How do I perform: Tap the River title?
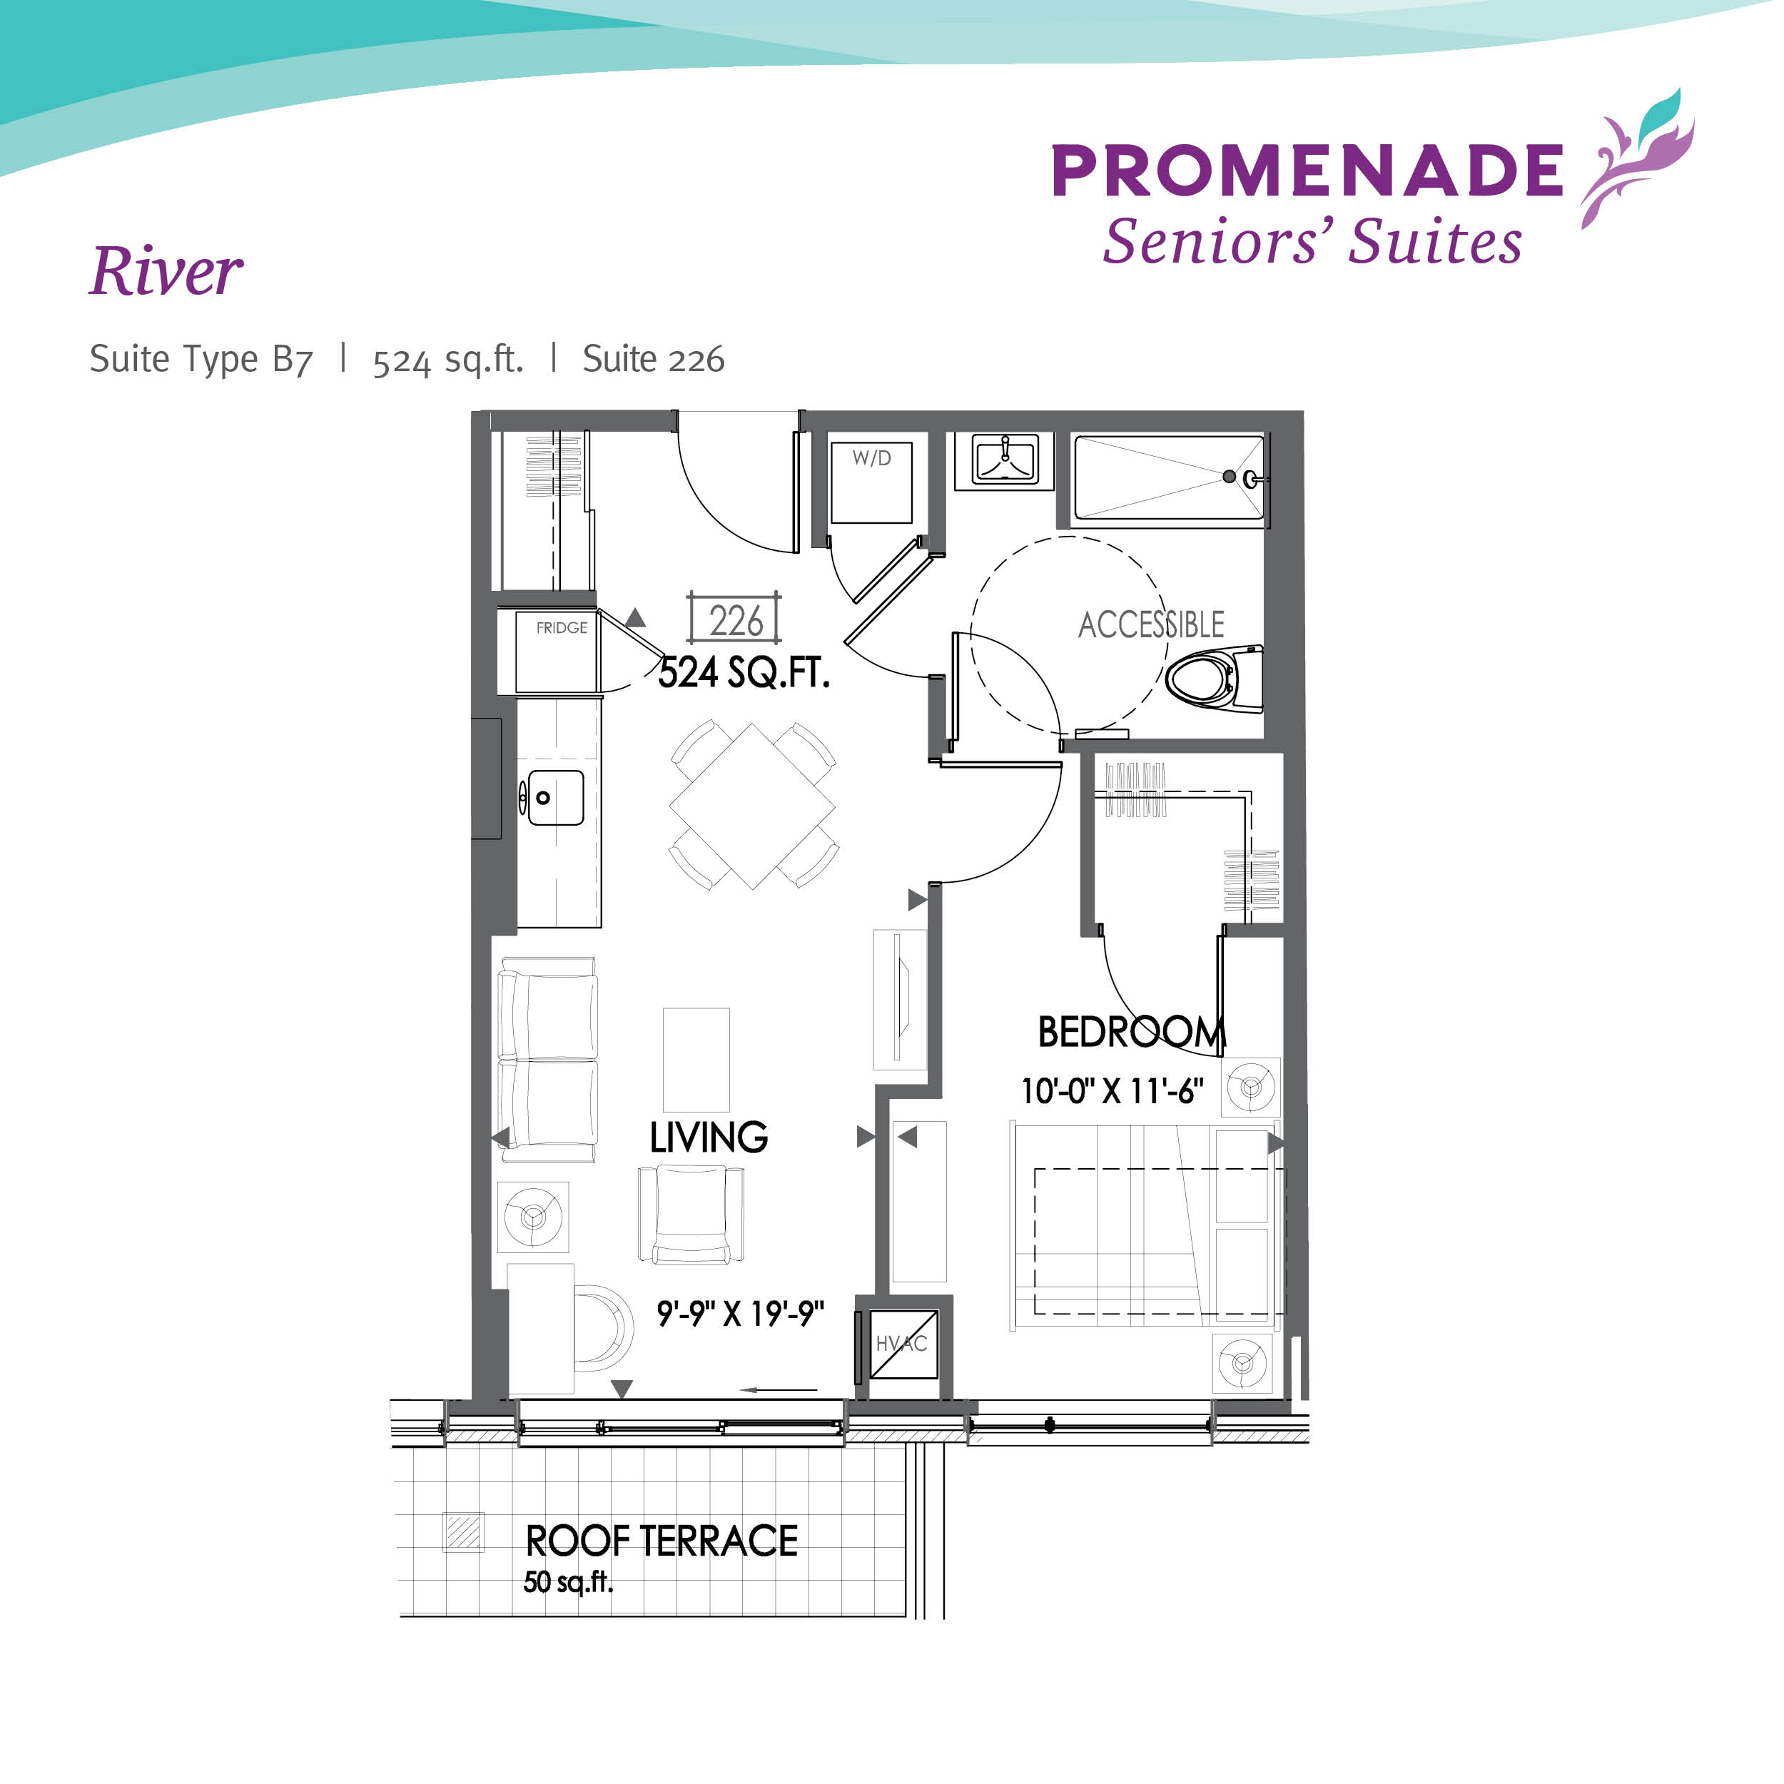tap(167, 273)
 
